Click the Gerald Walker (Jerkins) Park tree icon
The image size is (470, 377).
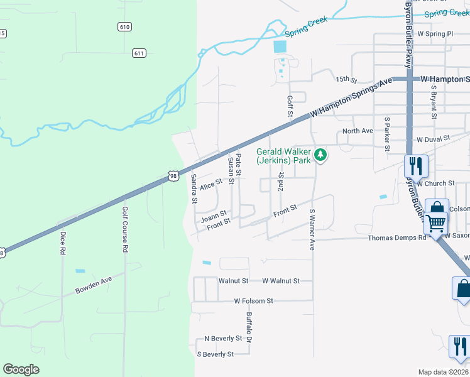(320, 154)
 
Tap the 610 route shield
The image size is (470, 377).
(124, 26)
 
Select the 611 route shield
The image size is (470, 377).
(139, 53)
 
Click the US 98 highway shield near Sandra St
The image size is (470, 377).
(173, 177)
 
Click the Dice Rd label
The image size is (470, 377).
(62, 243)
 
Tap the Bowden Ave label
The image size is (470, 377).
(94, 285)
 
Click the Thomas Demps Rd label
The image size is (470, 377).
(397, 238)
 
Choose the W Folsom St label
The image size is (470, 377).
(253, 301)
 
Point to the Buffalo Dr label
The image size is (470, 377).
(249, 327)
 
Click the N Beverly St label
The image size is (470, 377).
(223, 338)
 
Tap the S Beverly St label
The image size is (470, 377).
(215, 354)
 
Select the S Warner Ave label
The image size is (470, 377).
(312, 230)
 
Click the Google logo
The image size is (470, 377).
(21, 369)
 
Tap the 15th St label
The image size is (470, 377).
(346, 80)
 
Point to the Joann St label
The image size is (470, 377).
(214, 214)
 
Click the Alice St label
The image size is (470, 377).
(211, 184)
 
